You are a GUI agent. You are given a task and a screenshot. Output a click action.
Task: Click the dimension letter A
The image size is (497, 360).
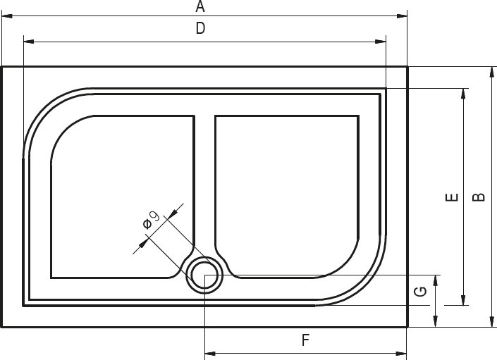pyautogui.click(x=200, y=6)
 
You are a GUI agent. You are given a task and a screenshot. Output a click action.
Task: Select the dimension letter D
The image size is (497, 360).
pyautogui.click(x=200, y=28)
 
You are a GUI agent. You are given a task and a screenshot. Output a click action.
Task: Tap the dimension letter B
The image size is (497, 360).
pyautogui.click(x=479, y=197)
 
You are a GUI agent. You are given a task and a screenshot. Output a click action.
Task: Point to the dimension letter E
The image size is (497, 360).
pyautogui.click(x=452, y=197)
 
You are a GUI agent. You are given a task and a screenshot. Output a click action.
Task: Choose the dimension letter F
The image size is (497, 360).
pyautogui.click(x=305, y=340)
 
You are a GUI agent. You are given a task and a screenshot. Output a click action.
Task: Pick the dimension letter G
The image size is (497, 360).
pyautogui.click(x=420, y=291)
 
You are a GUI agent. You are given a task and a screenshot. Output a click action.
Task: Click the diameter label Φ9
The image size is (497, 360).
pyautogui.click(x=151, y=220)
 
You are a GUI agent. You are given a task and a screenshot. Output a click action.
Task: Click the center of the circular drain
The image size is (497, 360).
pyautogui.click(x=204, y=275)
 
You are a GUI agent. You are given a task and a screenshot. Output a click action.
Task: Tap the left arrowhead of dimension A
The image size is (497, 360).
pyautogui.click(x=7, y=15)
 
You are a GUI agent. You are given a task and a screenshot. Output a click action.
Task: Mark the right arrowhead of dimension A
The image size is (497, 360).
pyautogui.click(x=402, y=15)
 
